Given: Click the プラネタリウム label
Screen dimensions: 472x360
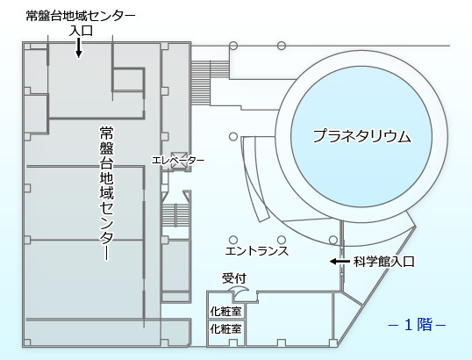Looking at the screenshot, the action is pos(361,136).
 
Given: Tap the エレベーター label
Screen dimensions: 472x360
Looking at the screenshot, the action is pos(178,160).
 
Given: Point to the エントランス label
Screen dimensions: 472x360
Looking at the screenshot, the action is pos(257,251).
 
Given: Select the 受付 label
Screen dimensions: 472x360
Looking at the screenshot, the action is pos(234,278).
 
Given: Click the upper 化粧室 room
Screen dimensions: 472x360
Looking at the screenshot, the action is pos(226,311).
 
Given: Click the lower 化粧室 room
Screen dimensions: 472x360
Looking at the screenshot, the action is pos(226,328).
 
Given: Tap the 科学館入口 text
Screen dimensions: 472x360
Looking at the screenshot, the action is pos(383,262).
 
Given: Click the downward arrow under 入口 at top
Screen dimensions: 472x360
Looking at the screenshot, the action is pos(79,47).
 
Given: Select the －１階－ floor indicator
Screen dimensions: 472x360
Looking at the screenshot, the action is pos(417,325).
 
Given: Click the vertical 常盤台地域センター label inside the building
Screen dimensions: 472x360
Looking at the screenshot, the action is pos(106,193).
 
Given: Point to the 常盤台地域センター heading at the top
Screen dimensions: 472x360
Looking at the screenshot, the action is pos(81,16).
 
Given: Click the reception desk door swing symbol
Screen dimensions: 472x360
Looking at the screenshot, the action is pos(240,291).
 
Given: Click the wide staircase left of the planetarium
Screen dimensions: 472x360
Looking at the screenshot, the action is pos(211,83).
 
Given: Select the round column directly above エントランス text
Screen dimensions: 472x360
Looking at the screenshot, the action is pos(281,240).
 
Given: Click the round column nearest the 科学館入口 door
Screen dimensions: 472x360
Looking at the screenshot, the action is pos(333,240).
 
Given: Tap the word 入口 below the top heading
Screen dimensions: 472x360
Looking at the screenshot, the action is pos(81,31).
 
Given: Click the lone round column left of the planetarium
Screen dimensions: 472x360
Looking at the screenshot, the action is pos(233,136).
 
